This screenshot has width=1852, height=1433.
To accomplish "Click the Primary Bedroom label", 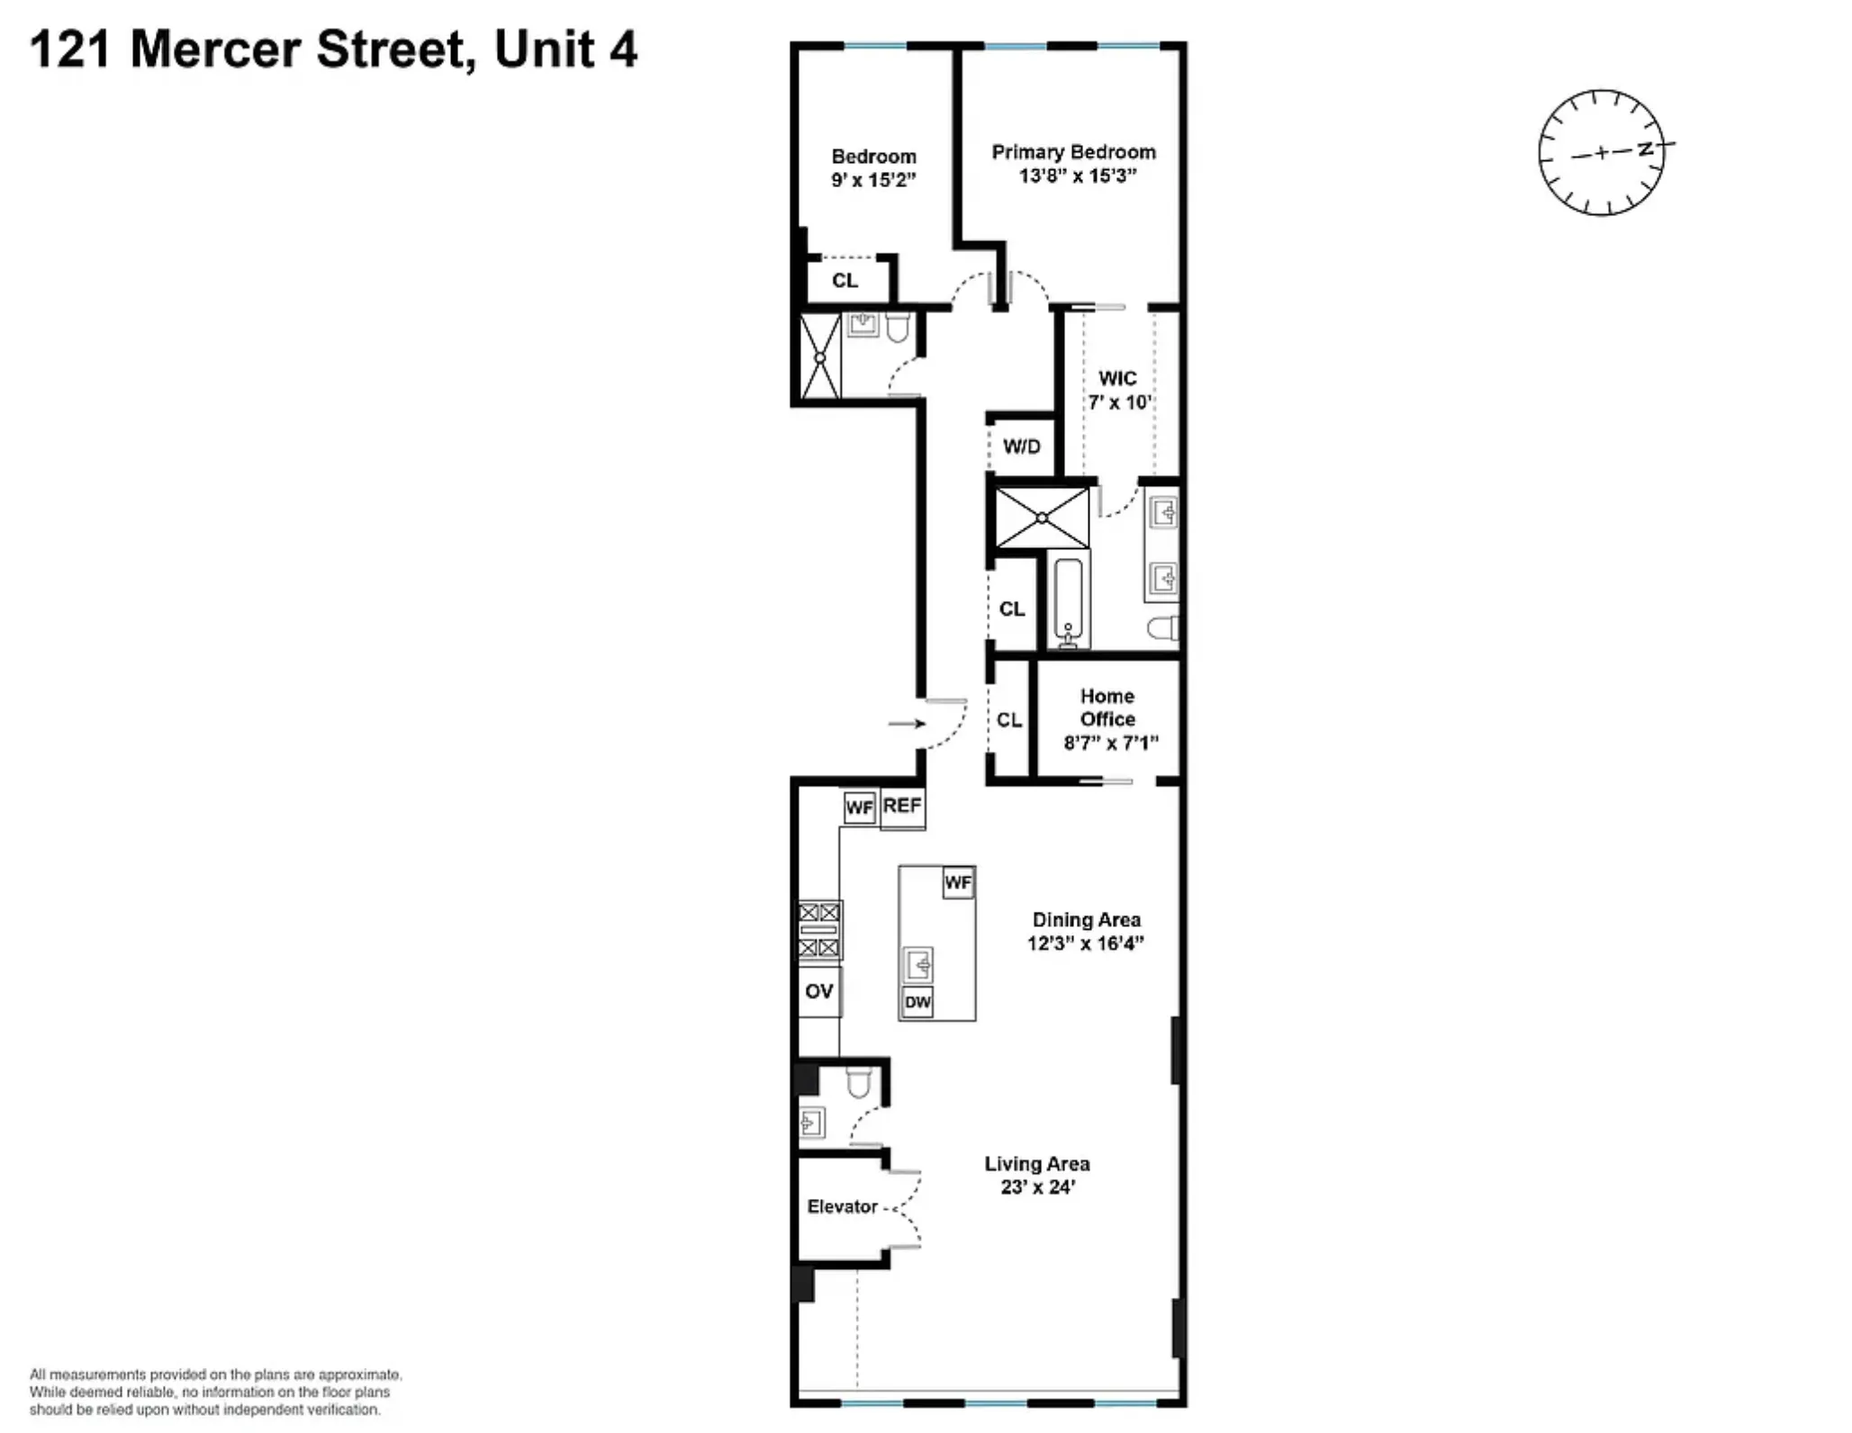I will (1073, 152).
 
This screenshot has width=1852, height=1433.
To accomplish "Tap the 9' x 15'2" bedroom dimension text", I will (872, 180).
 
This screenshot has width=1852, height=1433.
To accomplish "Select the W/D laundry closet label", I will (1021, 446).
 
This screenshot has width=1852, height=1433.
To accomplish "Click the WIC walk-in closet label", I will (1117, 379).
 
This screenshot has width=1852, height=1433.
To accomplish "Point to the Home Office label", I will (1107, 707).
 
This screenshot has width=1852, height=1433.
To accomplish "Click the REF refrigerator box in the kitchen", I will (902, 806).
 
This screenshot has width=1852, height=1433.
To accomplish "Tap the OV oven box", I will (818, 991).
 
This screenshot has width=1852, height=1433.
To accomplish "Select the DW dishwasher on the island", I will (917, 1002).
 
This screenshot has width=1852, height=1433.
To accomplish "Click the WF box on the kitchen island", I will (958, 883).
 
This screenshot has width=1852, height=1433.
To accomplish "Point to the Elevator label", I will (842, 1206).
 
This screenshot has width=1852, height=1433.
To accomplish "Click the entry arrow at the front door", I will (906, 724).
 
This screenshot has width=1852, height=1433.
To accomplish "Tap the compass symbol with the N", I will (1602, 152).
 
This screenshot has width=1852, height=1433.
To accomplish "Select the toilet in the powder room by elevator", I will (858, 1083).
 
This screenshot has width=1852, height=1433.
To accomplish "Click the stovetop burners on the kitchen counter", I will (819, 930).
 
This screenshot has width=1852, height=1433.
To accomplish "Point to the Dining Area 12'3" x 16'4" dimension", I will (1085, 943).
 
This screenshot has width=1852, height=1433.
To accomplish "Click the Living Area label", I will (1036, 1164).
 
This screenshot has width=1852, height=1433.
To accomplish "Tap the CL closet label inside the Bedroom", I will (845, 281).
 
